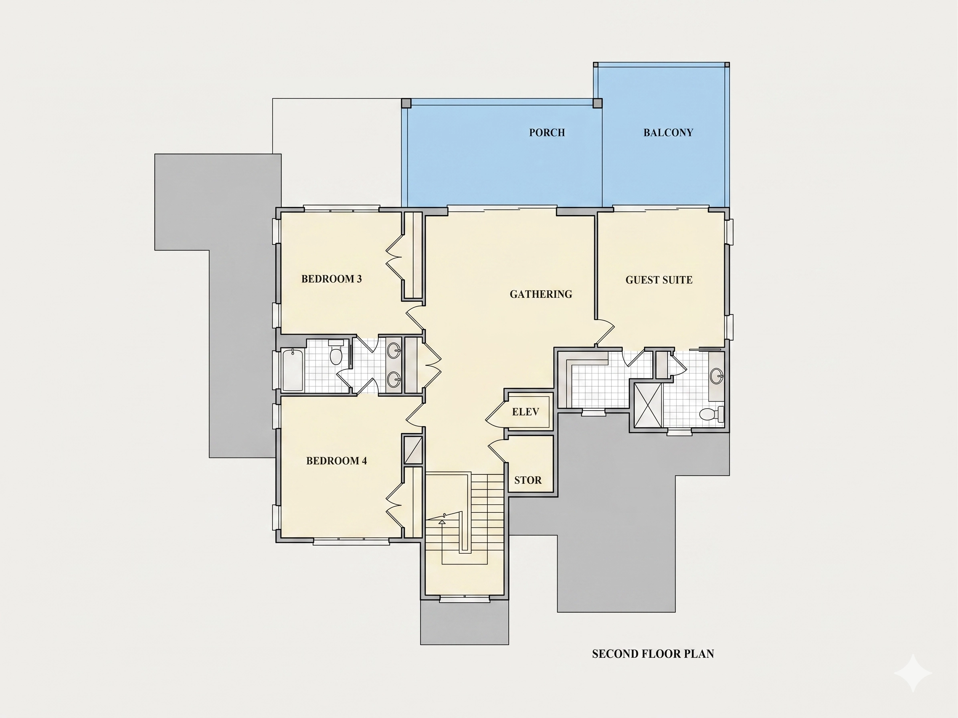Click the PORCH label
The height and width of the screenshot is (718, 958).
tap(547, 133)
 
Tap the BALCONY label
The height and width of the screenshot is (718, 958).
tap(668, 133)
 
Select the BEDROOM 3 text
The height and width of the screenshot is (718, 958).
tap(331, 279)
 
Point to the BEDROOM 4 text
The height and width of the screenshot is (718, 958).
tap(337, 461)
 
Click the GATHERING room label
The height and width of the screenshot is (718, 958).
tap(541, 294)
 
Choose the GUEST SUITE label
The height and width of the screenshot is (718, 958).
tap(659, 280)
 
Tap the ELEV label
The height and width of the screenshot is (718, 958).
tap(525, 411)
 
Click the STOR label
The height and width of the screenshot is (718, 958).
tap(528, 480)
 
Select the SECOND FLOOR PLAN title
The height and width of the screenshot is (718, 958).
tap(653, 653)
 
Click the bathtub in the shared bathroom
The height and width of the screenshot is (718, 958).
tap(293, 370)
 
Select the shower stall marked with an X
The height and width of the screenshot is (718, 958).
tap(648, 405)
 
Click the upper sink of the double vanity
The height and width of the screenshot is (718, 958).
tap(394, 350)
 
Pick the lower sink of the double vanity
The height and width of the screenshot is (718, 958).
tap(394, 379)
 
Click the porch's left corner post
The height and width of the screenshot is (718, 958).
tap(406, 103)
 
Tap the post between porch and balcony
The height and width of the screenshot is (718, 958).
tap(598, 103)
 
